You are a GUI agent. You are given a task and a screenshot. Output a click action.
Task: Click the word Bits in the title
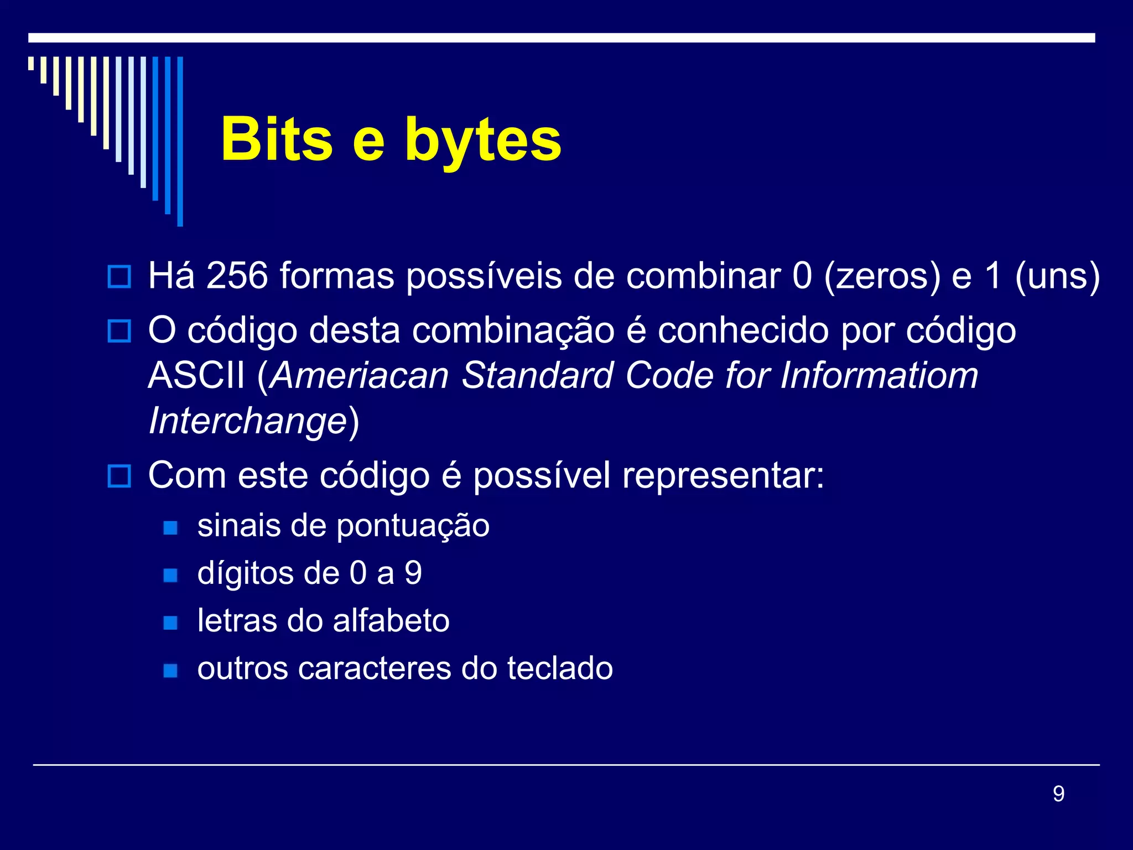tap(277, 139)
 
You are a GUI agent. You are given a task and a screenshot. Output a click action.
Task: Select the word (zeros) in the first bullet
tap(882, 276)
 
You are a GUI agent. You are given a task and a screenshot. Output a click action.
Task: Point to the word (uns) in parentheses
tap(1057, 276)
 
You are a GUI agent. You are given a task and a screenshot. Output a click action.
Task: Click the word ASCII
tap(196, 376)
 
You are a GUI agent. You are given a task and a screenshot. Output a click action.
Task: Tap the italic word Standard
tap(538, 376)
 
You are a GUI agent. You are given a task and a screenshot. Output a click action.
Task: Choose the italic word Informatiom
tap(879, 376)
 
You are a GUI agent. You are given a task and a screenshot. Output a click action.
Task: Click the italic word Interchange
tap(248, 422)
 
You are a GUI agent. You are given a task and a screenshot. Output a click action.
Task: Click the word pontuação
tap(413, 526)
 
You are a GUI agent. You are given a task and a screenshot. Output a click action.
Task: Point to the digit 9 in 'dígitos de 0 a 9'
tap(413, 573)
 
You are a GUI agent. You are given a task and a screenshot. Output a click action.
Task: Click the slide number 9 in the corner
tap(1058, 794)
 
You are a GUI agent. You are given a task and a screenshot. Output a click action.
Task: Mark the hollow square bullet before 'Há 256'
tap(119, 277)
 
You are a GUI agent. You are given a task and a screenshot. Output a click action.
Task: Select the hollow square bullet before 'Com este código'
tap(119, 476)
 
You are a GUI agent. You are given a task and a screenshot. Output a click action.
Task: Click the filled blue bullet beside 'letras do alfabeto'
tap(171, 623)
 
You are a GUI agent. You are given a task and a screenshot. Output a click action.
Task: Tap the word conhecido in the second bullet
tap(744, 331)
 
